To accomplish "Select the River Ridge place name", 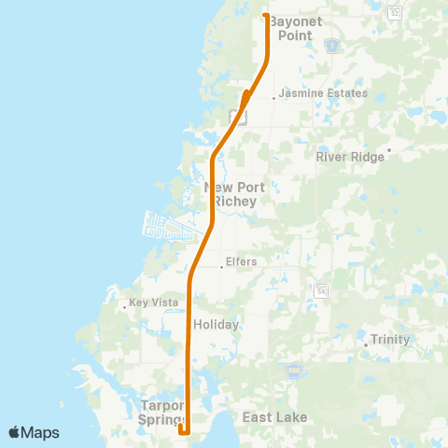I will (x=350, y=157).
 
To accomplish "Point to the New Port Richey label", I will (x=234, y=194).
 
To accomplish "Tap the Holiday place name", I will (x=217, y=325).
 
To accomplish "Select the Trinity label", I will (x=390, y=340).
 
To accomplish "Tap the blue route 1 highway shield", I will (x=331, y=44).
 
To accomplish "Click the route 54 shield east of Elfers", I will (x=322, y=289).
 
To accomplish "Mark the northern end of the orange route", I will (x=266, y=16).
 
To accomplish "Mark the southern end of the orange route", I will (x=183, y=430).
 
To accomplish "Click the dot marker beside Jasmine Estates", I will (x=273, y=96).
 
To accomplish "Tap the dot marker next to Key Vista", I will (x=125, y=305).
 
